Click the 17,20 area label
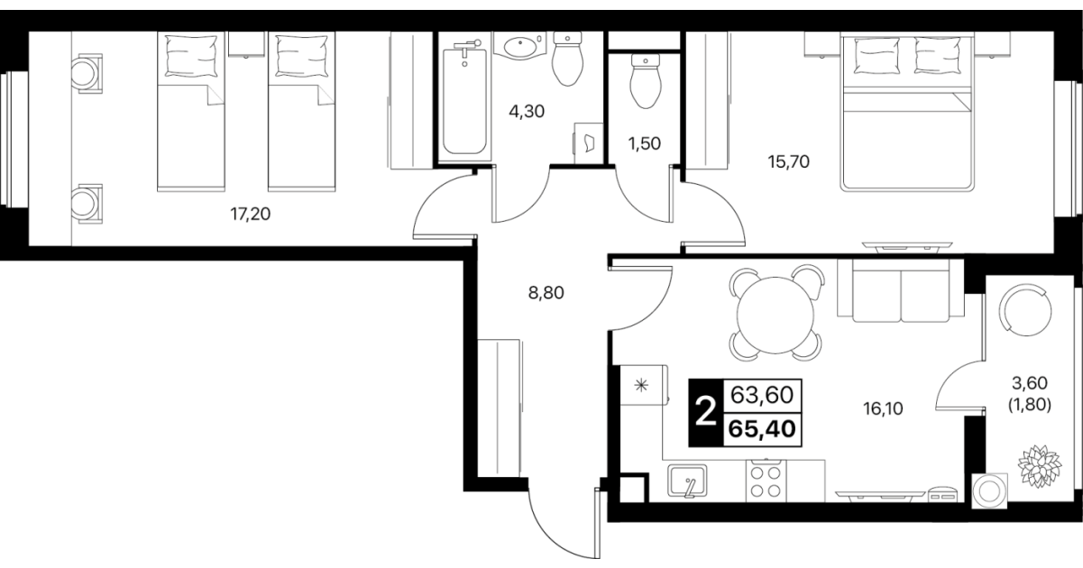coord(250,214)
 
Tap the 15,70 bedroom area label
coord(788,161)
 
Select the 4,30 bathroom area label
coord(527,112)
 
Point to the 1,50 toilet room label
coord(645,143)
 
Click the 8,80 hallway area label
coord(546,292)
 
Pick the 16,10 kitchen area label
coord(883,409)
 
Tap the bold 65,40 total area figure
coord(762,429)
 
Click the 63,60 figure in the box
coord(762,395)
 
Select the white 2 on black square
coord(706,413)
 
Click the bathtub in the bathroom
coord(464,100)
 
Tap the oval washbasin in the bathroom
coord(520,47)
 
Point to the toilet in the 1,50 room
coord(646,81)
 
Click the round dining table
coord(776,316)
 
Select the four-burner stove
coord(766,481)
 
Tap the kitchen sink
coord(687,481)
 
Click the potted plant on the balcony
coord(1040,466)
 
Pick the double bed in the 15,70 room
coord(907,112)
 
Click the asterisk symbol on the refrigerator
coord(641,385)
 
